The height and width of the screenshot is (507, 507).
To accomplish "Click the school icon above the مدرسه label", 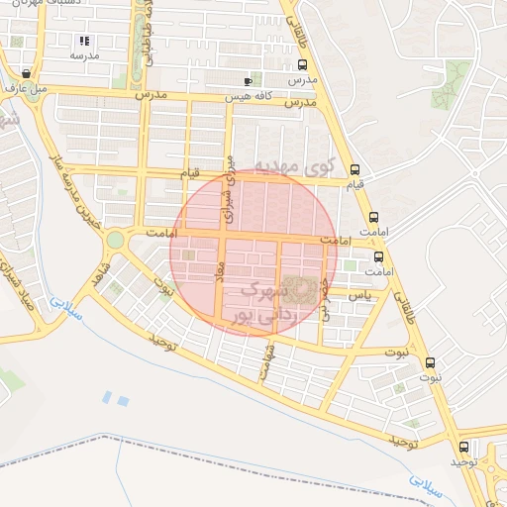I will point(84,42).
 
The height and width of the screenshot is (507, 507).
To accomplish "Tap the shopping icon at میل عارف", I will point(25,74).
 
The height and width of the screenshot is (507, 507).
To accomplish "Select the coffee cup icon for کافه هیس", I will point(248,80).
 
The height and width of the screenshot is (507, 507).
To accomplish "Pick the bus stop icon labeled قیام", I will point(355,169).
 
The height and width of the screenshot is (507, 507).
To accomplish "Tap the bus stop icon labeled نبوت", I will point(429,362).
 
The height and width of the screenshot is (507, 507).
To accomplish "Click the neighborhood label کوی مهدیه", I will point(295,163).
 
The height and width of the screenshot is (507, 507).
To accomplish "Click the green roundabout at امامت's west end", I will point(116,240).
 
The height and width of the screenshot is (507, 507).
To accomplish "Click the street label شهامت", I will point(265,364).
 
